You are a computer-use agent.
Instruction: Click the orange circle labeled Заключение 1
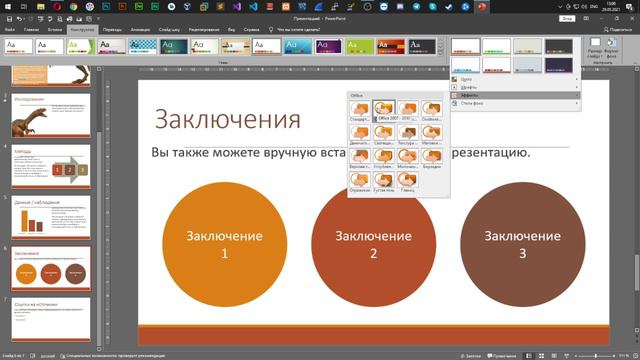pos(224,245)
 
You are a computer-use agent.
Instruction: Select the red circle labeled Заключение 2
pos(373,245)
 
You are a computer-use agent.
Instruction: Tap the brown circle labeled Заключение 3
pos(522,245)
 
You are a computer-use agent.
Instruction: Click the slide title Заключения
pos(226,121)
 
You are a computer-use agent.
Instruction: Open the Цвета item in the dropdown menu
pos(468,78)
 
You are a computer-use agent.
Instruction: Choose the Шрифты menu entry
pos(470,87)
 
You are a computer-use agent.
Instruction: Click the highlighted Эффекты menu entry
pos(470,95)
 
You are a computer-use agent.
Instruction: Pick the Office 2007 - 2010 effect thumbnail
pos(385,110)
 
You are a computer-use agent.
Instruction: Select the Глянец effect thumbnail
pos(408,181)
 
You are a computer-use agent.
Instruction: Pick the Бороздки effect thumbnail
pos(432,157)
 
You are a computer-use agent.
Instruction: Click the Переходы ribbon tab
pos(110,30)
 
